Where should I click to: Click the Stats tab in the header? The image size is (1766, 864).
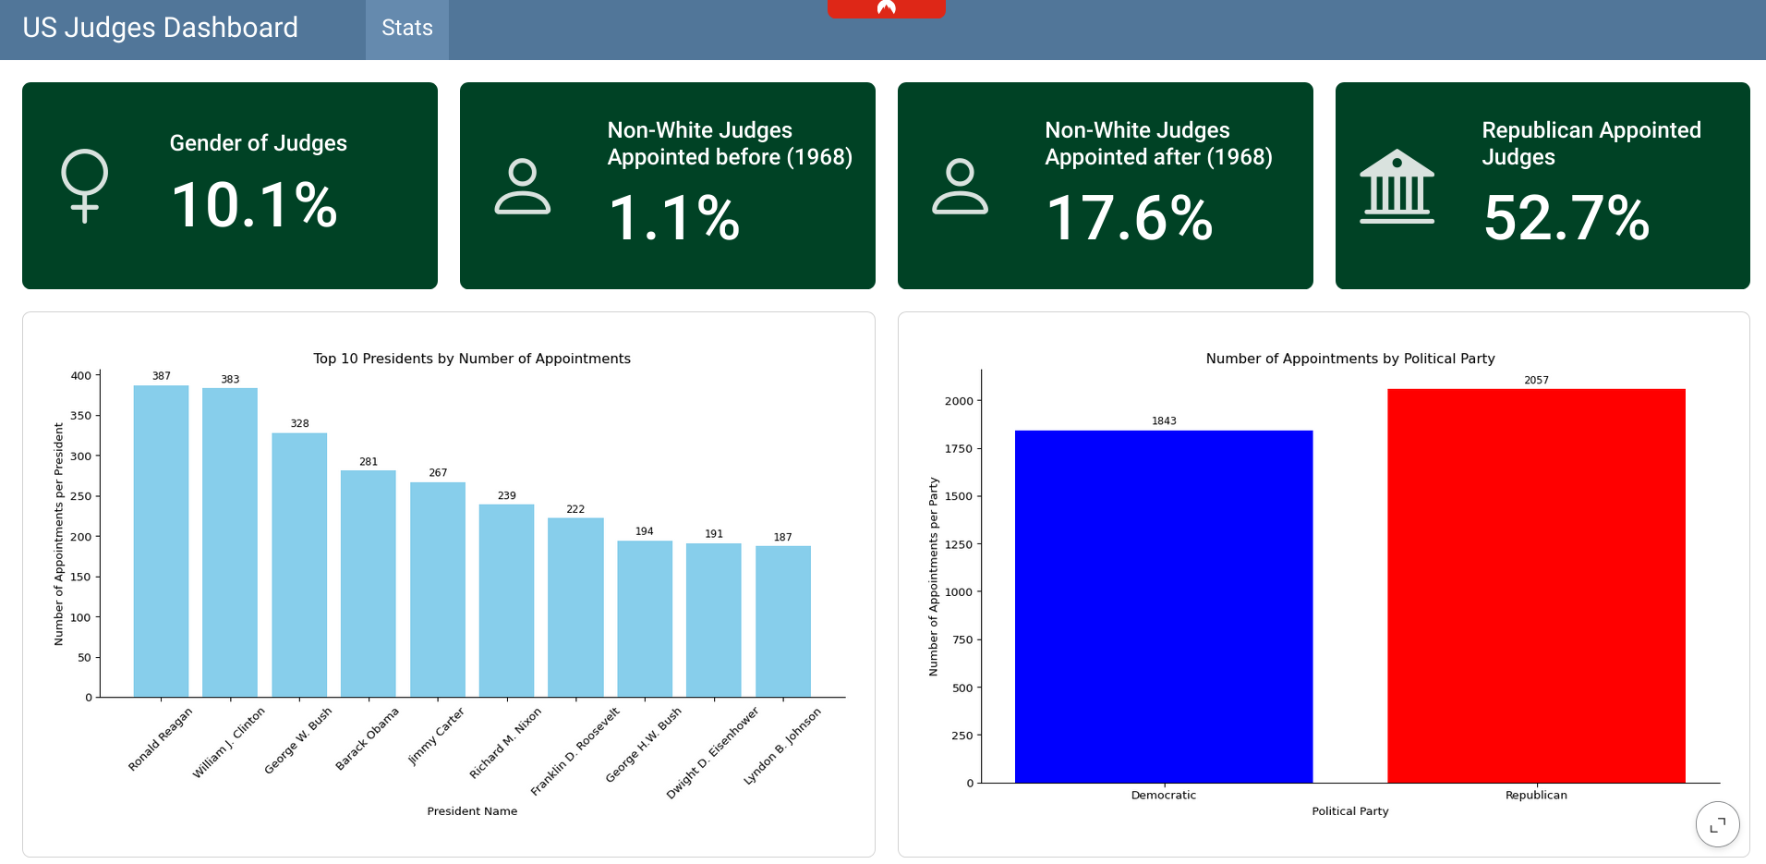click(406, 29)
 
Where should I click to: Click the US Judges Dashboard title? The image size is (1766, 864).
click(160, 28)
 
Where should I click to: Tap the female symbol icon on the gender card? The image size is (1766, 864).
click(84, 186)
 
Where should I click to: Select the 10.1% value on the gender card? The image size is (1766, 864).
click(254, 204)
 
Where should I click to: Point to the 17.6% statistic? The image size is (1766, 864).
click(1129, 218)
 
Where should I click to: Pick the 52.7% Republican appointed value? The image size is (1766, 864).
click(1566, 218)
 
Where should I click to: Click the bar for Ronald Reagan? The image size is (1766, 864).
click(161, 541)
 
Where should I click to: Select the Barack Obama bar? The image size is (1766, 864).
click(369, 583)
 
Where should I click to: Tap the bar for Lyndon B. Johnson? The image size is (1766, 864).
click(783, 621)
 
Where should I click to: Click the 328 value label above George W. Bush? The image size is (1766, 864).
click(299, 423)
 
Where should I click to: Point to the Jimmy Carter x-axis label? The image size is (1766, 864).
click(436, 736)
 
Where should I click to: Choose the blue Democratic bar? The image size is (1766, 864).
click(1164, 606)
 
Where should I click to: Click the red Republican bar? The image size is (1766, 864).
click(1536, 586)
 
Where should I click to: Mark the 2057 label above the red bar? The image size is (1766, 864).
click(1536, 380)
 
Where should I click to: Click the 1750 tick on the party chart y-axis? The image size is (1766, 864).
click(959, 449)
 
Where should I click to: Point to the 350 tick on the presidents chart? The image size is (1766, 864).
click(81, 416)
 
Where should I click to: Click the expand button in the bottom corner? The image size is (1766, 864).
click(1717, 823)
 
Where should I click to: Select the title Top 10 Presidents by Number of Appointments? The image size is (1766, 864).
click(472, 359)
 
